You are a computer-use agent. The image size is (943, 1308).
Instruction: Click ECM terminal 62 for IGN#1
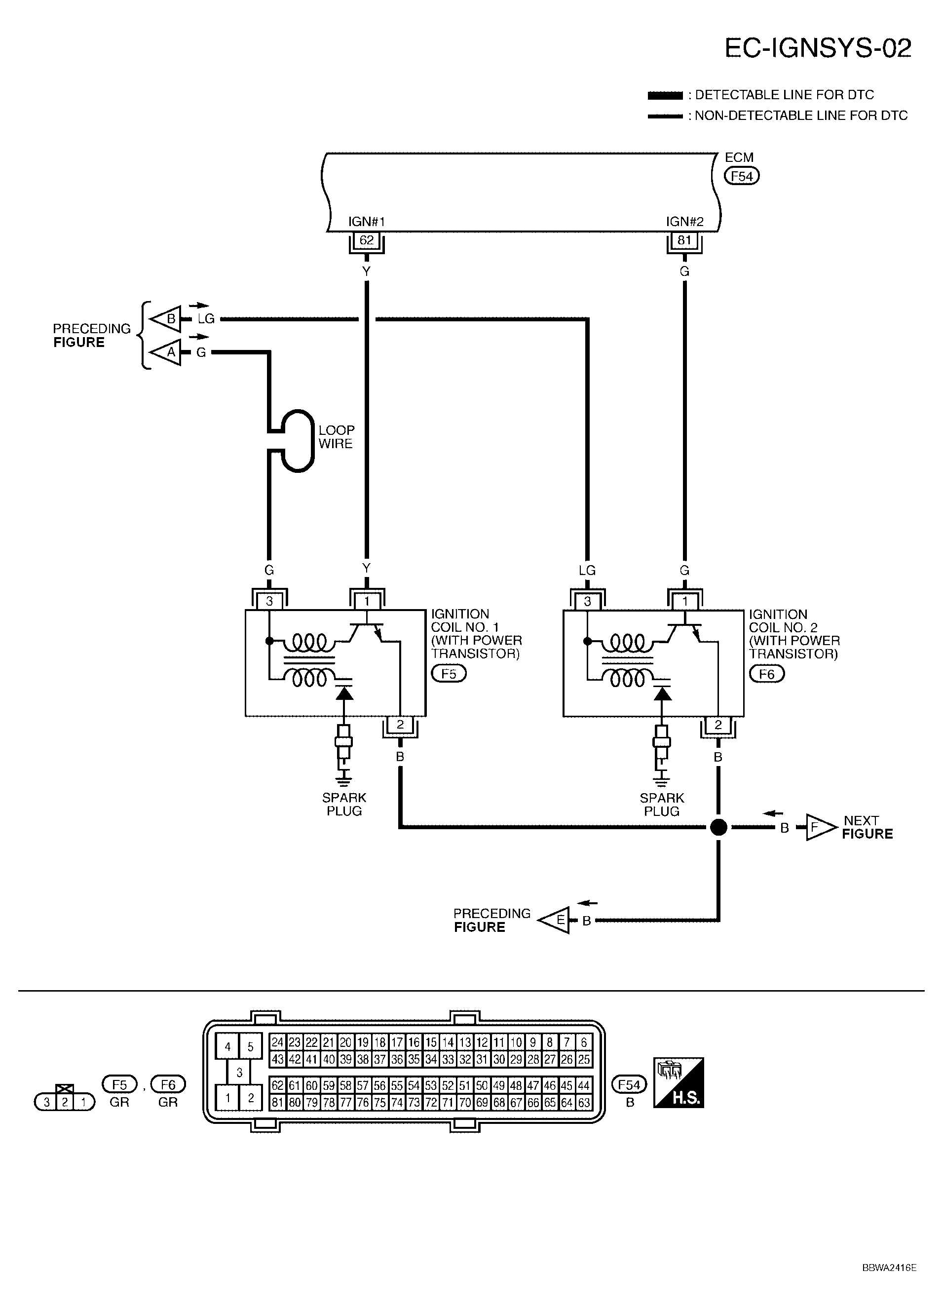point(367,240)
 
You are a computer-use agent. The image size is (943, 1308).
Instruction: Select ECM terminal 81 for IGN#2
point(684,240)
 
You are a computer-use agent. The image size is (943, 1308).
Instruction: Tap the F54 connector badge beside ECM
point(742,176)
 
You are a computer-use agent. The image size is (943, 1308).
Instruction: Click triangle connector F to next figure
point(820,828)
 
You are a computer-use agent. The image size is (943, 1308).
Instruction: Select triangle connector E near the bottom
point(555,921)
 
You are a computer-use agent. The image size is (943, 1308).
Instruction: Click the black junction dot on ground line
point(718,827)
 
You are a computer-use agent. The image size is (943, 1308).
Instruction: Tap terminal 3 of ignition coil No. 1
point(269,601)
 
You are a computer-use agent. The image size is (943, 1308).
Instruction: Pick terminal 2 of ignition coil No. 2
point(717,725)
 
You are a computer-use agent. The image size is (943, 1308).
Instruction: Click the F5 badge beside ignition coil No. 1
point(449,674)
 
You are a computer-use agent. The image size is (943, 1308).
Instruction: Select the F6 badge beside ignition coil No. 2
point(767,674)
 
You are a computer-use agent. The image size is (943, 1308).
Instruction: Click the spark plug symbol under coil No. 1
point(343,746)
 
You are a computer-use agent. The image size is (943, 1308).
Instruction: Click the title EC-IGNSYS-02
point(818,48)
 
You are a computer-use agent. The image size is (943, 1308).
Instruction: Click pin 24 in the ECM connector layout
point(278,1042)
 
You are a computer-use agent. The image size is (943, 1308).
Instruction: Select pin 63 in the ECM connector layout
point(584,1103)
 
